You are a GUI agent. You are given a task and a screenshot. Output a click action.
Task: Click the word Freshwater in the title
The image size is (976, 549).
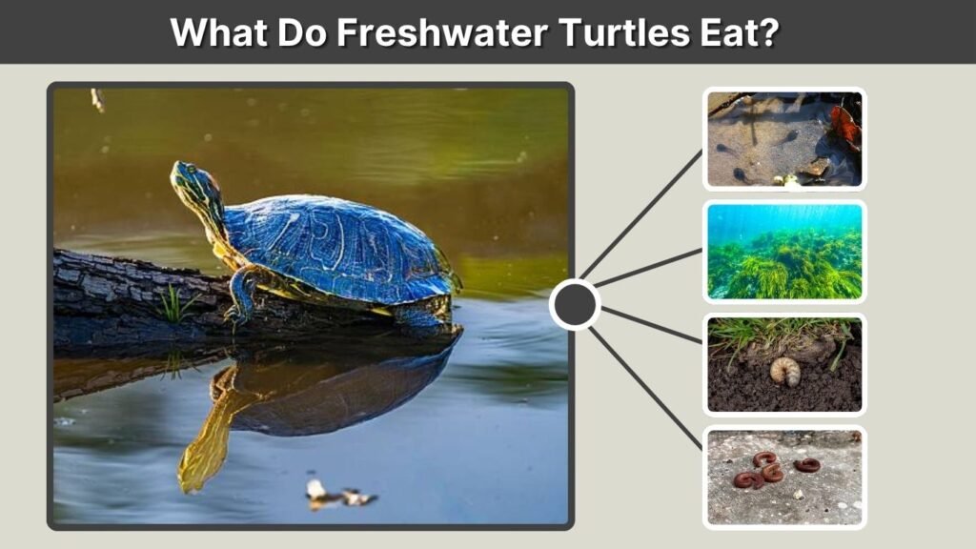coord(442,32)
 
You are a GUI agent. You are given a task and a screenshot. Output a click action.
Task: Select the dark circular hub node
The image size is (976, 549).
coord(575,304)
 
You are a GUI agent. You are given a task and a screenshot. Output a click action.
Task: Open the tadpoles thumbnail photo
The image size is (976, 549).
coord(784,139)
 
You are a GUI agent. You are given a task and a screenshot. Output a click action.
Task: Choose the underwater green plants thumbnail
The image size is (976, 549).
coord(784,252)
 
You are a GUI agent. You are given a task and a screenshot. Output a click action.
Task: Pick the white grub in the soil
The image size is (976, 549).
coord(784,371)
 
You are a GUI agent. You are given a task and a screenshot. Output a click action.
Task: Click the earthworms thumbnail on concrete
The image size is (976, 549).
coord(784,478)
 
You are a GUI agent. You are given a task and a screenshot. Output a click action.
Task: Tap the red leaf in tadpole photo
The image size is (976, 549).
coord(845,127)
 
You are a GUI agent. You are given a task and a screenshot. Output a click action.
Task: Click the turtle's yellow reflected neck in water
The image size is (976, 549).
coord(209,436)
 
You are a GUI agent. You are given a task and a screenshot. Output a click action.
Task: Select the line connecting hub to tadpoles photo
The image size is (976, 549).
coord(641,214)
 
